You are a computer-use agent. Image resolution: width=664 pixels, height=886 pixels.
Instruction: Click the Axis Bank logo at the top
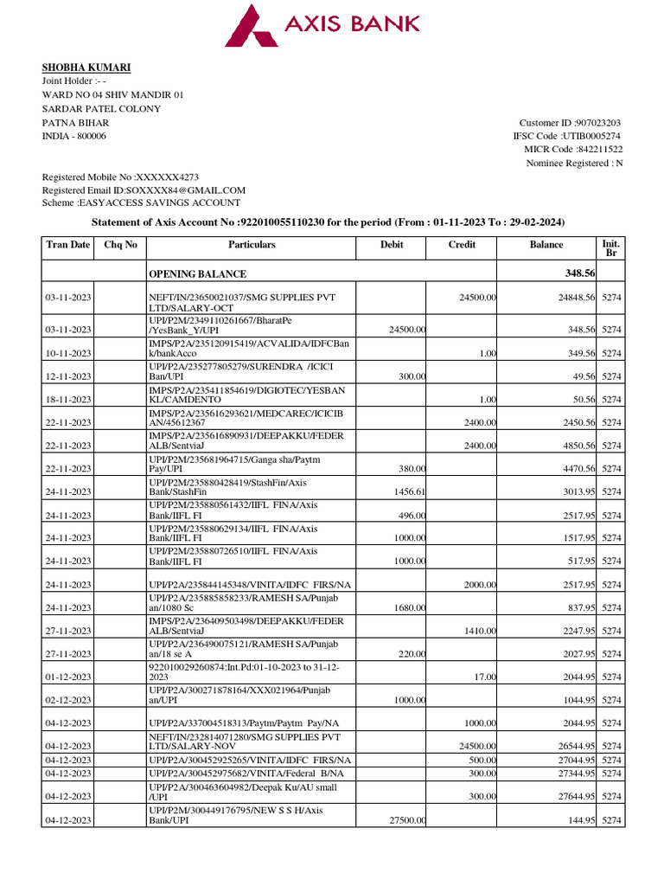[x=322, y=25]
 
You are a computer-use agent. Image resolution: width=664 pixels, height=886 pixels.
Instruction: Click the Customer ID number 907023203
[x=591, y=123]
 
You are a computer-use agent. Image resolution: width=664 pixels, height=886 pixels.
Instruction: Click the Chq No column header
[x=120, y=245]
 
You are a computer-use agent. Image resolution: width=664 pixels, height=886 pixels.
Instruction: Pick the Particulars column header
[x=252, y=245]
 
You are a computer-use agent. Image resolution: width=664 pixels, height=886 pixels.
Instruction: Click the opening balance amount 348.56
[x=579, y=273]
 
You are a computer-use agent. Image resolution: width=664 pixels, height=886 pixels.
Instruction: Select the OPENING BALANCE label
[x=197, y=274]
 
